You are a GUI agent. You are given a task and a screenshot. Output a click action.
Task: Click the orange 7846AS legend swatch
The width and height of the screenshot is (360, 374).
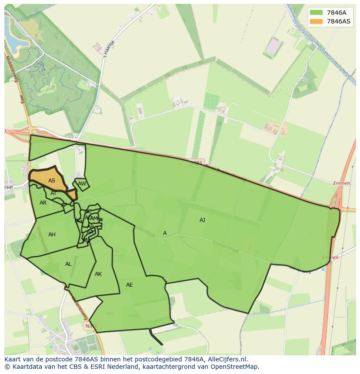point(317,21)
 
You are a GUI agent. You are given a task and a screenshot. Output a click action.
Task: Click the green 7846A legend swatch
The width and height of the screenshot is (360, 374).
point(317,13)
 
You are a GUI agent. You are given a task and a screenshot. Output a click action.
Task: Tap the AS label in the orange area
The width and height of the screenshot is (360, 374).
point(52,181)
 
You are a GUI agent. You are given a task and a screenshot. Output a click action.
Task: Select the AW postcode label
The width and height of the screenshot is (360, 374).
point(82,184)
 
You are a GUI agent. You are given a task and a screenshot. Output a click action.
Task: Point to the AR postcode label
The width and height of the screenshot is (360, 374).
point(43,203)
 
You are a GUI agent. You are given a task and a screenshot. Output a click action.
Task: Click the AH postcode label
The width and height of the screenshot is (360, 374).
point(52,235)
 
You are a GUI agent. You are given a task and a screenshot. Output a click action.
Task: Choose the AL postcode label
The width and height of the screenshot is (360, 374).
point(68,264)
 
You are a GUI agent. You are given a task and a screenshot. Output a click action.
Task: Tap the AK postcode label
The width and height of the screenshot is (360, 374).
point(98,274)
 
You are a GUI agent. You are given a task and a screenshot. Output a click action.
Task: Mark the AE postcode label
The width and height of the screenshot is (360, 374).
point(129,285)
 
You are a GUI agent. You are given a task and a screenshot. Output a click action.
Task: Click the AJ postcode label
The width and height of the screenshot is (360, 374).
point(202,220)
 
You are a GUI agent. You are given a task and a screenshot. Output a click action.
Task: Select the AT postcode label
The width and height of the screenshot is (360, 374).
point(53,193)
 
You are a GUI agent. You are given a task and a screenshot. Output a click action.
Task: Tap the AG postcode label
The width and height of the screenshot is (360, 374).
point(78,221)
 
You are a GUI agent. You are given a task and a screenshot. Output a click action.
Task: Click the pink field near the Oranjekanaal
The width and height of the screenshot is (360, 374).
point(274,46)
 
